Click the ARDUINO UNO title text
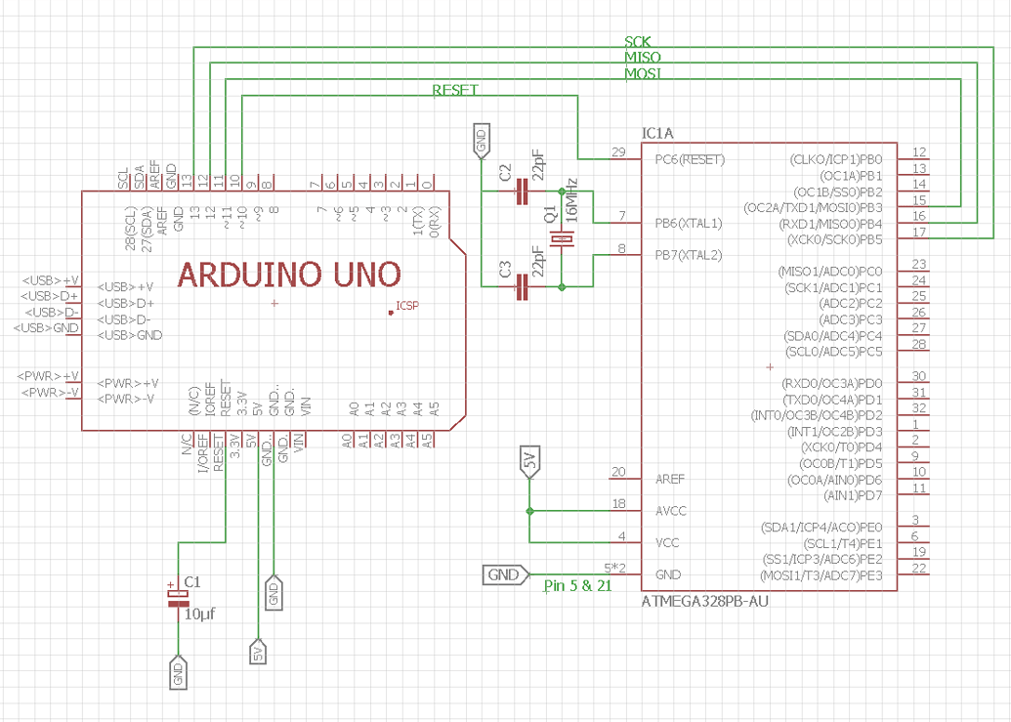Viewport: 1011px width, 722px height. coord(289,275)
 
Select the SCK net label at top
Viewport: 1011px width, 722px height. coord(638,42)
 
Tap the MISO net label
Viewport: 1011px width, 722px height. coord(642,58)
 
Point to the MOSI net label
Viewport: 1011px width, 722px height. coord(642,73)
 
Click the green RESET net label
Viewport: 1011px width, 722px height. coord(455,90)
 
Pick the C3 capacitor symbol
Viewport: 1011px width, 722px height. coord(522,286)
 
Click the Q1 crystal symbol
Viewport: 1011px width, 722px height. coord(561,239)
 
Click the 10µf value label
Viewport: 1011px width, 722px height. coord(199,614)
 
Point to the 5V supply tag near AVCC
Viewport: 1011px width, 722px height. coord(529,463)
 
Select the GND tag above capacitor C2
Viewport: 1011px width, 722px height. coord(481,142)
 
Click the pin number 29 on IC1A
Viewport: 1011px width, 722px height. coord(617,151)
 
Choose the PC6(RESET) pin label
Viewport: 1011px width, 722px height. coord(690,159)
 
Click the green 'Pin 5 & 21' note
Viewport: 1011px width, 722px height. coord(577,586)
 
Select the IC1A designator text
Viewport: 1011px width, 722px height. coord(657,132)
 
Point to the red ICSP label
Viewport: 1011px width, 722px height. coord(406,306)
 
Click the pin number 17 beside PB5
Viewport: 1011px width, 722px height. coord(918,232)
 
